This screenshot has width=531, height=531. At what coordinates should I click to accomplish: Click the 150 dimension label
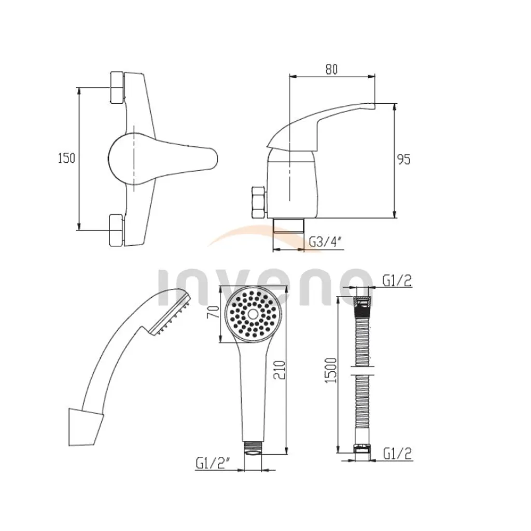click(66, 158)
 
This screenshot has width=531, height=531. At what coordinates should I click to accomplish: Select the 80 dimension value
click(331, 69)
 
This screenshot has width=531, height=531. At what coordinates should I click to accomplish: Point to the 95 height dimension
click(403, 159)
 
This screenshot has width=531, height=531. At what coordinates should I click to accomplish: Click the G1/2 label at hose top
click(397, 281)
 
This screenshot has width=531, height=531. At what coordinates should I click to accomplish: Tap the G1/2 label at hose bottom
click(397, 454)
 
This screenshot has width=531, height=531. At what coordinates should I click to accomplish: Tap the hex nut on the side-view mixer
click(257, 203)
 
